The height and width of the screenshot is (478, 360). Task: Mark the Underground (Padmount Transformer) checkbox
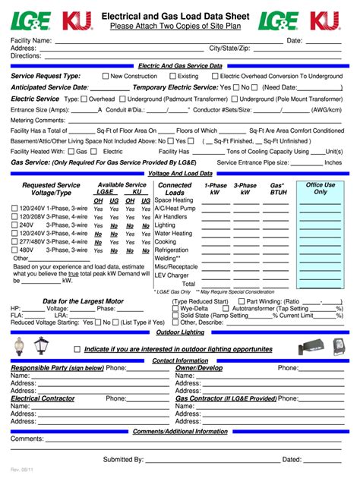click(122, 99)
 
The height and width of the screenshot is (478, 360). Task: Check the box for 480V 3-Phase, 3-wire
click(14, 250)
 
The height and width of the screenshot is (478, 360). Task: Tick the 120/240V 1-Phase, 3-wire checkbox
click(14, 208)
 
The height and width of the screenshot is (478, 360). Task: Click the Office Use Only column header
click(320, 189)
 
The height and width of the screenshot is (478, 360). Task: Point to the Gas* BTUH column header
click(277, 189)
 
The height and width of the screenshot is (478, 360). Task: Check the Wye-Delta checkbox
click(175, 309)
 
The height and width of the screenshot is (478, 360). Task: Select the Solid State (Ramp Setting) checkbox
click(175, 316)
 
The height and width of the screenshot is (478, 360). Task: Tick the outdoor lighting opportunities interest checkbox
click(77, 349)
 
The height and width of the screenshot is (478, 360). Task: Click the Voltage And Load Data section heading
click(180, 174)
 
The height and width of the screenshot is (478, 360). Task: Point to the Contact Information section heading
click(180, 360)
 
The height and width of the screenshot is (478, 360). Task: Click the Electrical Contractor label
click(43, 398)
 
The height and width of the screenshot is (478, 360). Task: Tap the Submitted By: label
click(123, 460)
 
